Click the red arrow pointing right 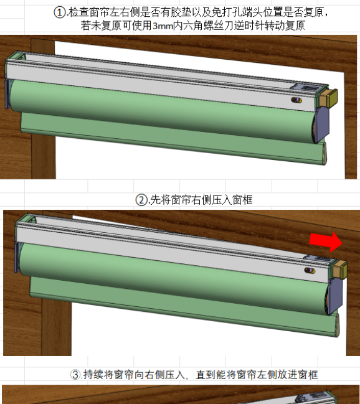point(326,242)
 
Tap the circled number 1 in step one point(60,12)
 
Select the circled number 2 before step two point(141,200)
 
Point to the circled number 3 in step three point(75,374)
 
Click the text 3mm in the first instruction point(163,26)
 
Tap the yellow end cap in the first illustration point(328,97)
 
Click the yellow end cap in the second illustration point(340,270)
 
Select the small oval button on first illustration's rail point(296,100)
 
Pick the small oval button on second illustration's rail point(310,270)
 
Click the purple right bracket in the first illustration point(323,125)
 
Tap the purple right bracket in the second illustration point(336,296)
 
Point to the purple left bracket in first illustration point(7,94)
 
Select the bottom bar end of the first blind point(324,154)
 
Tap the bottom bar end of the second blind point(337,326)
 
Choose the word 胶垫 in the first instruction point(181,12)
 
